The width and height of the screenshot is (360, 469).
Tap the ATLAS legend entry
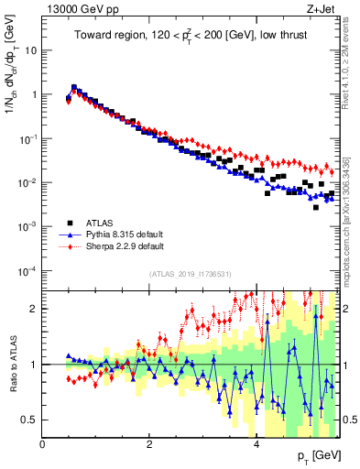(101, 223)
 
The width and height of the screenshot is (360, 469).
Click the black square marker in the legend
(70, 223)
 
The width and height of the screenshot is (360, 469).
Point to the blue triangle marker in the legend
(70, 234)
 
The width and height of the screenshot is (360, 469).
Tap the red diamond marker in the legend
(70, 246)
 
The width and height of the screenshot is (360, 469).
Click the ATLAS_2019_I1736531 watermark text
(191, 274)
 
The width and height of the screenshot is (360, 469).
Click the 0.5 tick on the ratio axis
(29, 420)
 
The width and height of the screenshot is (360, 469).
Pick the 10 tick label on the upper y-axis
(29, 50)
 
